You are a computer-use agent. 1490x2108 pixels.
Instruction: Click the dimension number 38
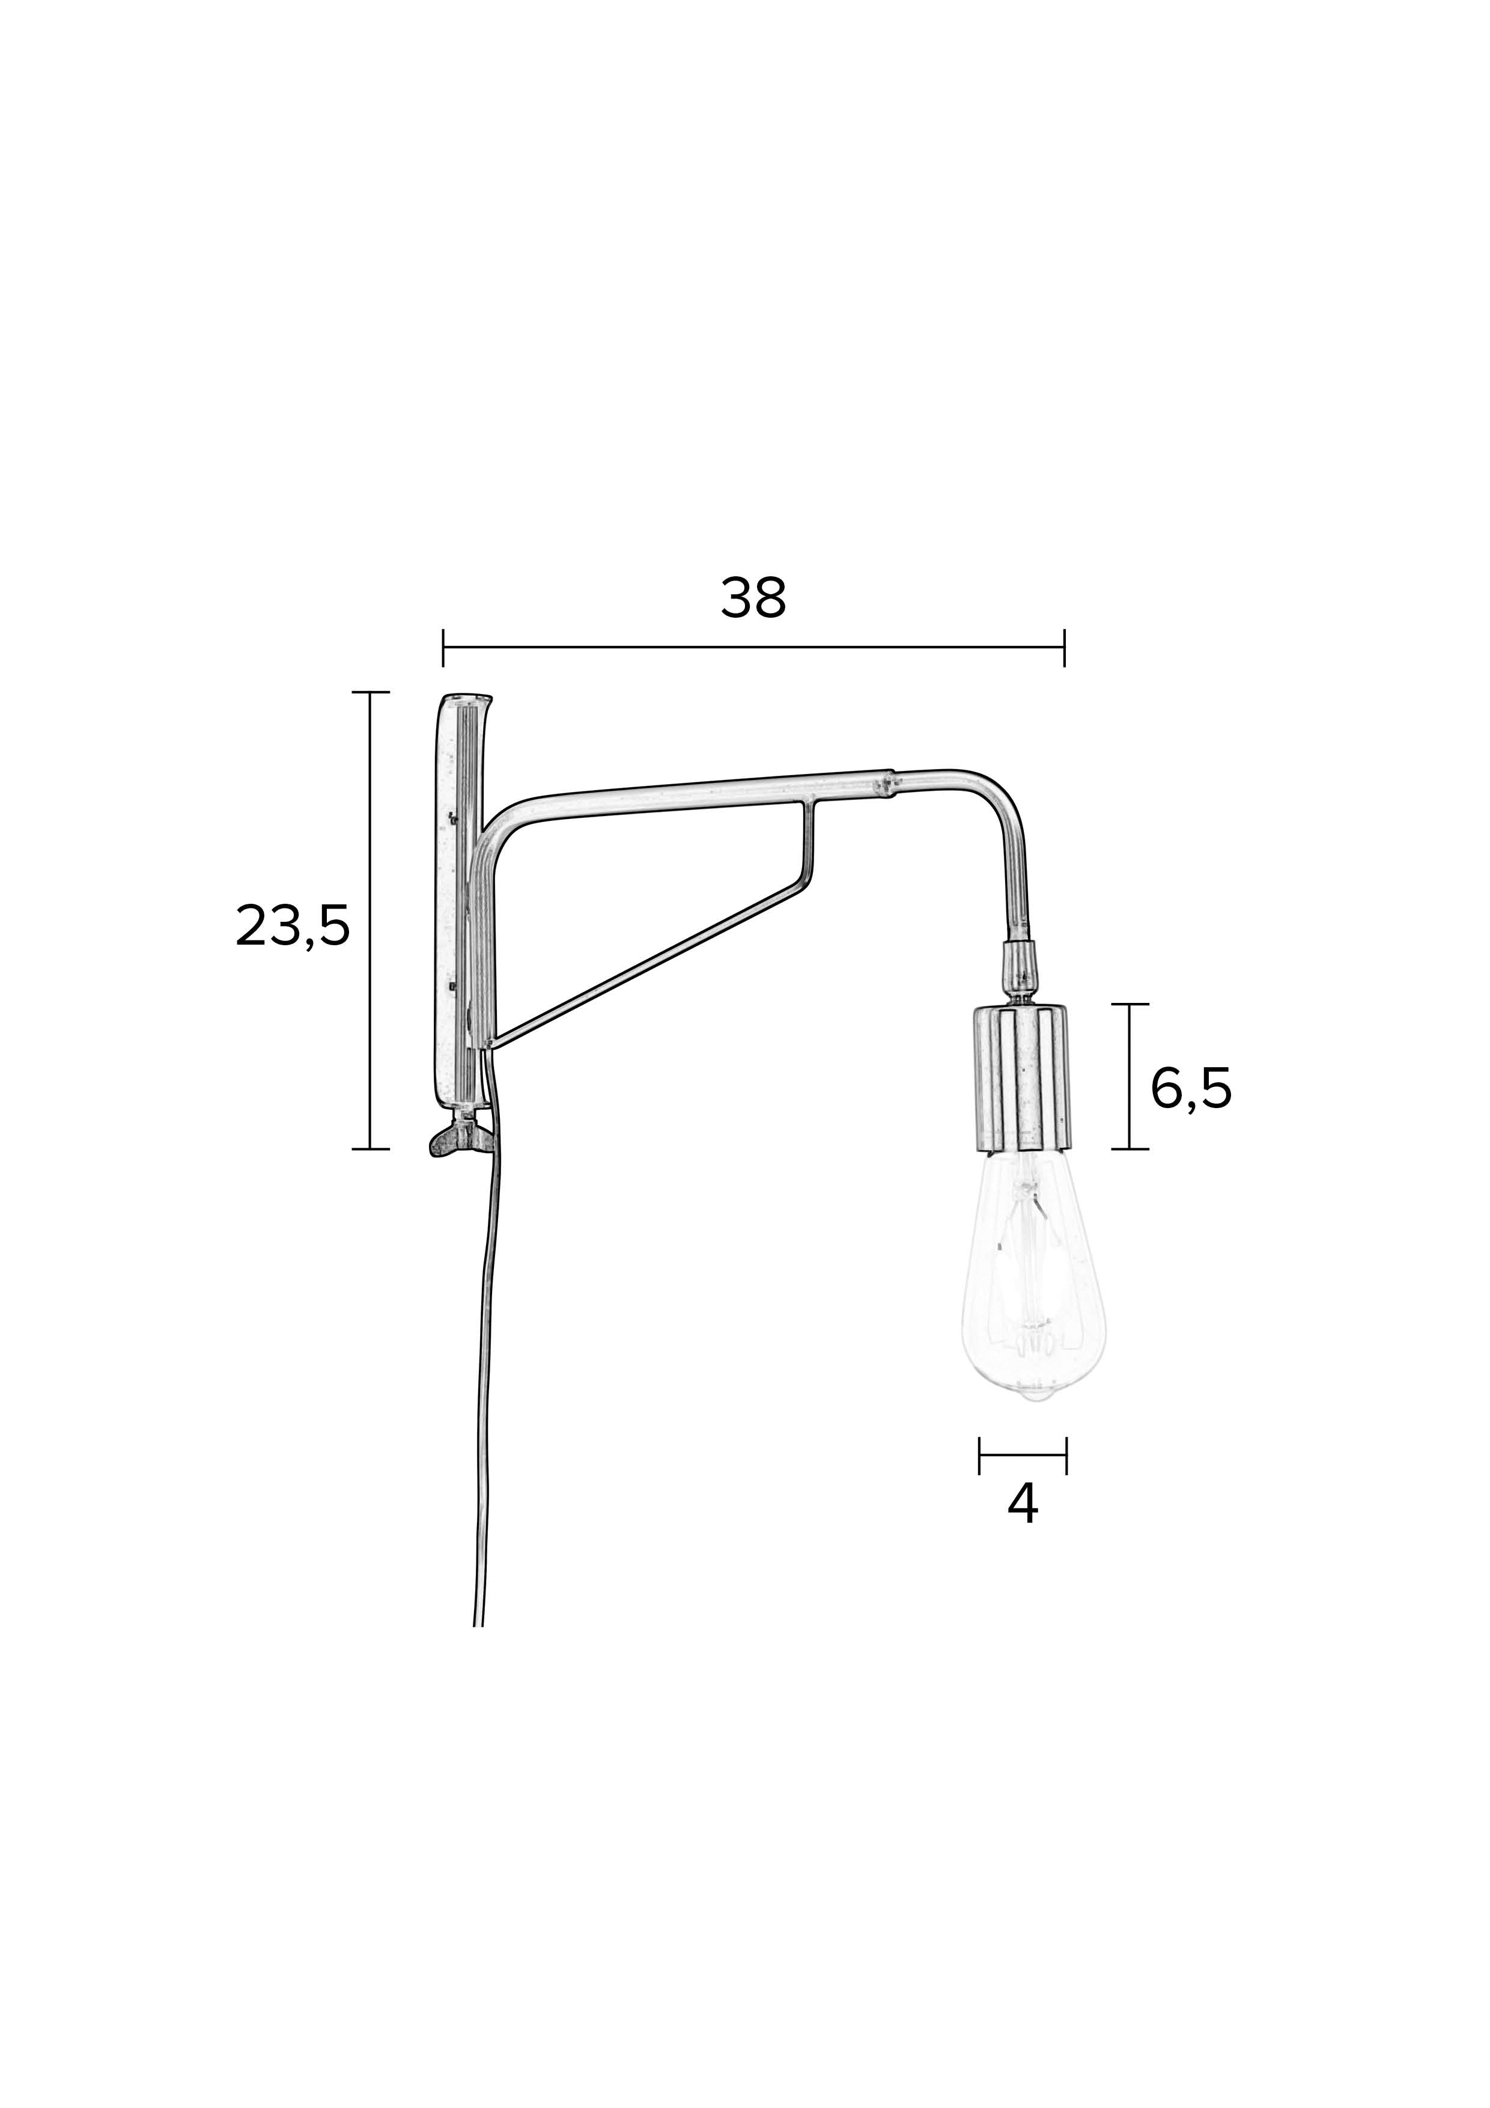pyautogui.click(x=753, y=599)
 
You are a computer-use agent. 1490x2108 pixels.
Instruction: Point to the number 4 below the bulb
pyautogui.click(x=1022, y=1504)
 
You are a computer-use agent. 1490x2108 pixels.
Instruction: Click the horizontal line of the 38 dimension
pyautogui.click(x=753, y=647)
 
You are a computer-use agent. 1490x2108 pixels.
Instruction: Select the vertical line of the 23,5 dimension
pyautogui.click(x=370, y=918)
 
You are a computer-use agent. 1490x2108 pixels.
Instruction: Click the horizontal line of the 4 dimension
pyautogui.click(x=1022, y=1454)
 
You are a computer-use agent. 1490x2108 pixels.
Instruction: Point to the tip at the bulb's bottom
pyautogui.click(x=1036, y=1421)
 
